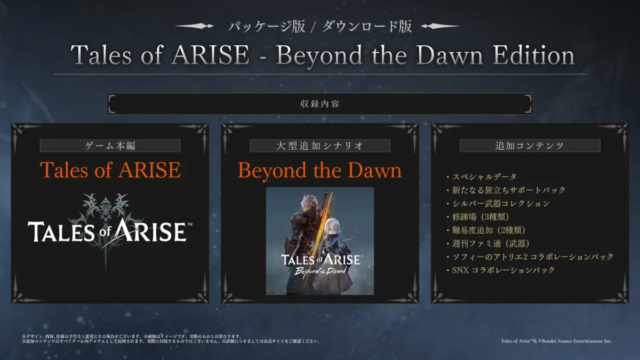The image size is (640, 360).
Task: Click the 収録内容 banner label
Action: click(x=320, y=104)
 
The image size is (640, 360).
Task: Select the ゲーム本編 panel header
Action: click(x=110, y=146)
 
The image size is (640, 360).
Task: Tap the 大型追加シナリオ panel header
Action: click(x=320, y=146)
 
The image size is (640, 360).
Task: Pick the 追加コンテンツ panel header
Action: click(x=530, y=146)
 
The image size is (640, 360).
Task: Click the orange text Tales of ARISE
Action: click(x=110, y=170)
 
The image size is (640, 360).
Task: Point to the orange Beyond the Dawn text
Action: click(x=320, y=170)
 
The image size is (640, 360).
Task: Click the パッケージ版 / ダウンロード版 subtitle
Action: click(x=320, y=27)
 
